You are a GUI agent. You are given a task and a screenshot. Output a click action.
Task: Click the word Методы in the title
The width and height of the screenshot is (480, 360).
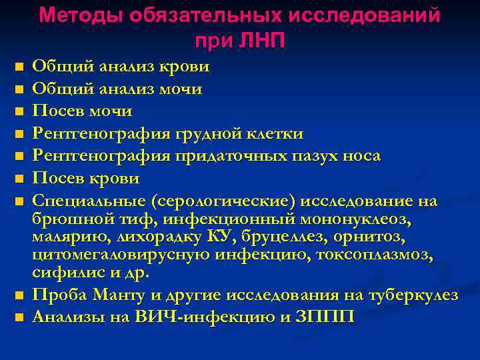tap(79, 15)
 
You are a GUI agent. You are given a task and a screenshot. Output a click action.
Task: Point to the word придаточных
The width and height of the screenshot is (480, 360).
tap(227, 157)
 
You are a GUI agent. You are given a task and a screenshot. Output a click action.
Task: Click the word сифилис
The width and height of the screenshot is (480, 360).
tap(63, 273)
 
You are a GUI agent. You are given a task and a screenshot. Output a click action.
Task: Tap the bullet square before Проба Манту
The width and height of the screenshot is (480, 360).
tap(19, 295)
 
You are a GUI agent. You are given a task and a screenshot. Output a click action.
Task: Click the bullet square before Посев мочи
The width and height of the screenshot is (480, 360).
tap(19, 111)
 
